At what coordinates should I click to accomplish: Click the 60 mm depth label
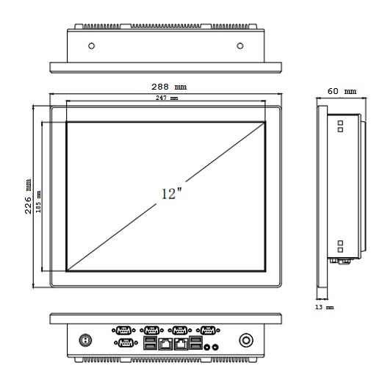coord(342,91)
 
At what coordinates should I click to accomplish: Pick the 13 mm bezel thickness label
coord(324,306)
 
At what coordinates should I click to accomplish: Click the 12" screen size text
coord(170,194)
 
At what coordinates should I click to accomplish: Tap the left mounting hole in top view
coord(90,46)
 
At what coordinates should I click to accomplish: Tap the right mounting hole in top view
coord(241,46)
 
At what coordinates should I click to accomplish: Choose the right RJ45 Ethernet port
coord(181,343)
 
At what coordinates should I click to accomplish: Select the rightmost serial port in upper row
coord(208,330)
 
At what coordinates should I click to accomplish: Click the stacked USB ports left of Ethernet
coord(150,342)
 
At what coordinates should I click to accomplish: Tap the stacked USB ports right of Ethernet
coord(195,342)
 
